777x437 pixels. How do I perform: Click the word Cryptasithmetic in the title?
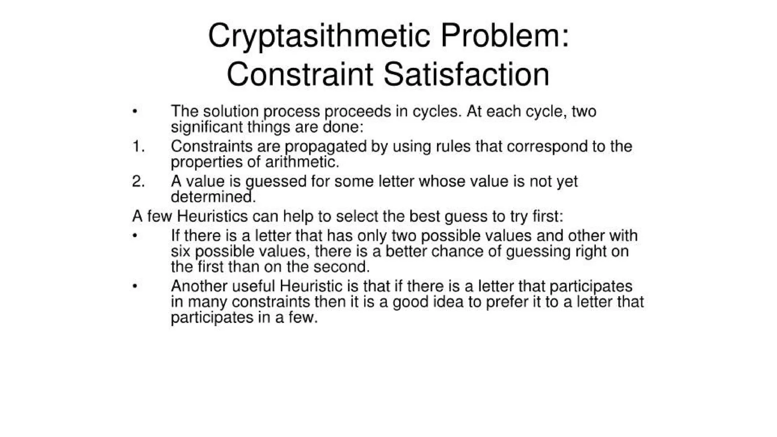click(319, 36)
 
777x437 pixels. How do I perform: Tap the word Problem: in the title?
click(505, 36)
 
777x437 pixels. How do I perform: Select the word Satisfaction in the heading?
click(466, 74)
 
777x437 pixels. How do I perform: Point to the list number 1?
click(138, 146)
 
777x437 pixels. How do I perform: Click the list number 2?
click(138, 181)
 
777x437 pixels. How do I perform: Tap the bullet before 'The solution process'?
click(135, 112)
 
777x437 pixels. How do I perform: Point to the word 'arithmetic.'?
click(302, 162)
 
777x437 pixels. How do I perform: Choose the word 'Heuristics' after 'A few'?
click(212, 217)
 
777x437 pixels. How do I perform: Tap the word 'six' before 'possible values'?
click(180, 252)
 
